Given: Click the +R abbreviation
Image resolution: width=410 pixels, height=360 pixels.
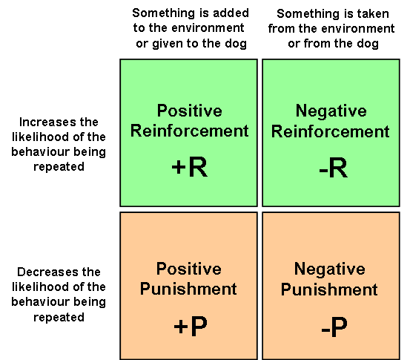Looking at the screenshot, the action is click(190, 167).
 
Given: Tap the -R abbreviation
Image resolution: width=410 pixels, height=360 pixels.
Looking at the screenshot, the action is click(334, 168).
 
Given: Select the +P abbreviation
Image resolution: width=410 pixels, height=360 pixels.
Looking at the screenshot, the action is click(191, 326).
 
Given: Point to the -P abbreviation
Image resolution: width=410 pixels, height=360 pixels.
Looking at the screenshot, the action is click(334, 327).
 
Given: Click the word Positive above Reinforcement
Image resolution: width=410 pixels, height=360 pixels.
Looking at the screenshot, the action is click(190, 111).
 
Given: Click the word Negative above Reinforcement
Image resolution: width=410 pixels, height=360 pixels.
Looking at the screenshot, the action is click(331, 111).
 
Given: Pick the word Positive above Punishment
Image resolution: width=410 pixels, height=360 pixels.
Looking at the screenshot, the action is click(189, 269).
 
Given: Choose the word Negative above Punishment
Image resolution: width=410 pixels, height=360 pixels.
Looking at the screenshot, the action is click(330, 269).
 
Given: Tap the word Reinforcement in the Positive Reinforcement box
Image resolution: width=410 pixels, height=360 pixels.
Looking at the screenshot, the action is click(190, 131).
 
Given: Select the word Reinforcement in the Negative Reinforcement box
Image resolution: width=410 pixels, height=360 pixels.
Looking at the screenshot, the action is click(331, 131).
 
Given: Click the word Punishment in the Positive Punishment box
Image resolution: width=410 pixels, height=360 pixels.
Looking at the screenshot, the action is click(188, 289).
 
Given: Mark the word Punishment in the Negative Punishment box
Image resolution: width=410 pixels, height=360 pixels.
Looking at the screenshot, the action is click(329, 289).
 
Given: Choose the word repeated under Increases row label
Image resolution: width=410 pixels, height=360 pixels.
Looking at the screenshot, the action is click(59, 167).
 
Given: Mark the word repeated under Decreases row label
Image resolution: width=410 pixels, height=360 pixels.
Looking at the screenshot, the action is click(59, 318).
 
